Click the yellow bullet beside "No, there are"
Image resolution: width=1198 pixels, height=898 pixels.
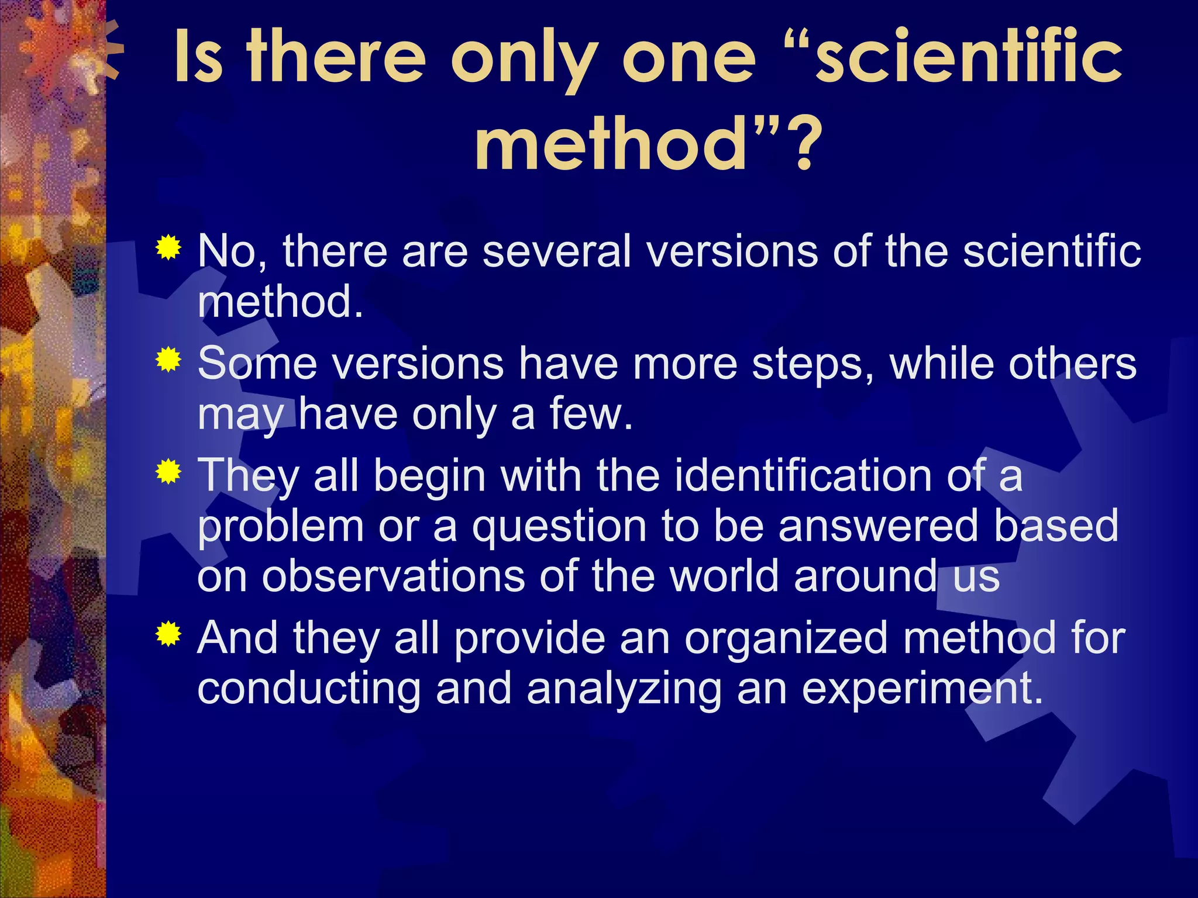point(168,248)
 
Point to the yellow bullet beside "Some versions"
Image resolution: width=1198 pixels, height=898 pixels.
point(168,360)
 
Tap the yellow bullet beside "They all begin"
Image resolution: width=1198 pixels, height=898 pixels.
point(168,471)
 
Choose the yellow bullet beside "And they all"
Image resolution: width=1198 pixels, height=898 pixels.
point(168,634)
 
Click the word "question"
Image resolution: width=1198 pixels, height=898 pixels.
point(559,526)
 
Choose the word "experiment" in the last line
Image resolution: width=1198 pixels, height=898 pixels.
point(921,689)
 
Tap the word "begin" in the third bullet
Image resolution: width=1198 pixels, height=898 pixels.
point(429,476)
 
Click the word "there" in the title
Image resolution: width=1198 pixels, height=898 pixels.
point(336,58)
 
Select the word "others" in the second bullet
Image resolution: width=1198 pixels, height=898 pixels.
point(1072,364)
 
